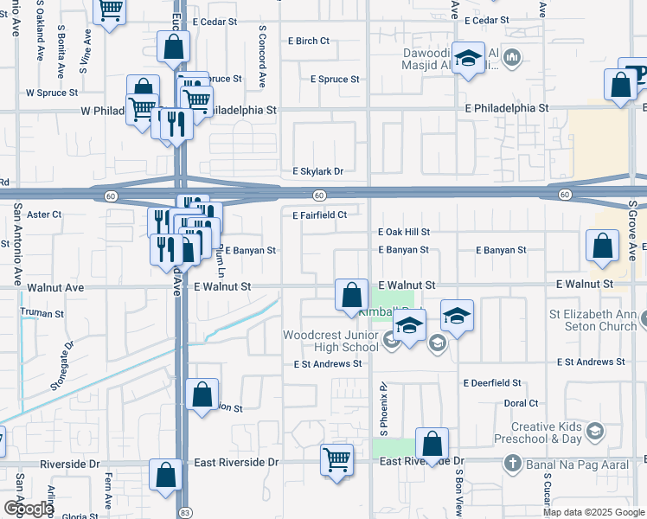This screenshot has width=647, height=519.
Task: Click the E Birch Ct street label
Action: pyautogui.click(x=312, y=41)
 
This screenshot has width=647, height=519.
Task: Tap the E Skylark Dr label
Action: pyautogui.click(x=317, y=171)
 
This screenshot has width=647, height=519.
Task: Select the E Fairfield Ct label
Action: pyautogui.click(x=319, y=215)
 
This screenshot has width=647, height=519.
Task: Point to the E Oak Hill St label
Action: pyautogui.click(x=404, y=232)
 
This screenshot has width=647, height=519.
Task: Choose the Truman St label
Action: pyautogui.click(x=47, y=313)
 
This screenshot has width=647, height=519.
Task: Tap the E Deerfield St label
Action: pyautogui.click(x=492, y=382)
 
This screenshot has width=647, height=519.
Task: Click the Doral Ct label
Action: pyautogui.click(x=521, y=403)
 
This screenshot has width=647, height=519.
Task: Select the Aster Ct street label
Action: pyautogui.click(x=45, y=215)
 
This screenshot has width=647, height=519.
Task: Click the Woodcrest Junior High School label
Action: pyautogui.click(x=330, y=341)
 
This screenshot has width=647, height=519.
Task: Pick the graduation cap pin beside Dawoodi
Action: pyautogui.click(x=469, y=59)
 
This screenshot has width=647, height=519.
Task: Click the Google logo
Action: pyautogui.click(x=29, y=509)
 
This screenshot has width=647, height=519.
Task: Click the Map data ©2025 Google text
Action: pyautogui.click(x=593, y=512)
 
